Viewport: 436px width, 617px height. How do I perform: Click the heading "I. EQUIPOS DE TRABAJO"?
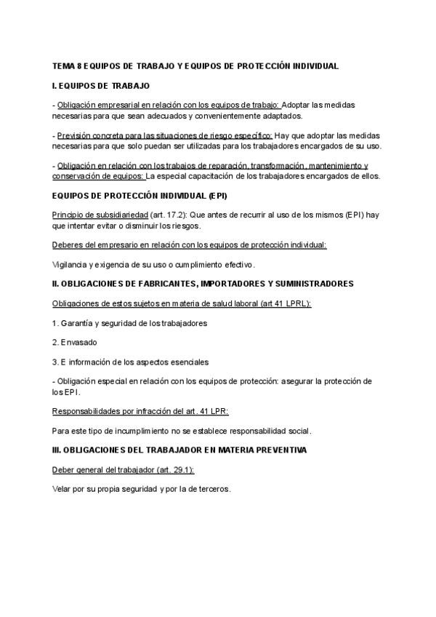point(101,86)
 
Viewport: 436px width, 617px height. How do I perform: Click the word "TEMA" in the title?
point(63,66)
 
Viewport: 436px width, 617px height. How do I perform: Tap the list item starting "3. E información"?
point(130,362)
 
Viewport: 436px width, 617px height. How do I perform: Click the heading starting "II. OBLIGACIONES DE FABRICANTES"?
point(203,283)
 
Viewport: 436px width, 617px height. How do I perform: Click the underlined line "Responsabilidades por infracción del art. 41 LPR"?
point(140,411)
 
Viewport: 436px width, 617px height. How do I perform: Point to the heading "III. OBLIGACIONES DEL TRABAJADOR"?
point(179,450)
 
